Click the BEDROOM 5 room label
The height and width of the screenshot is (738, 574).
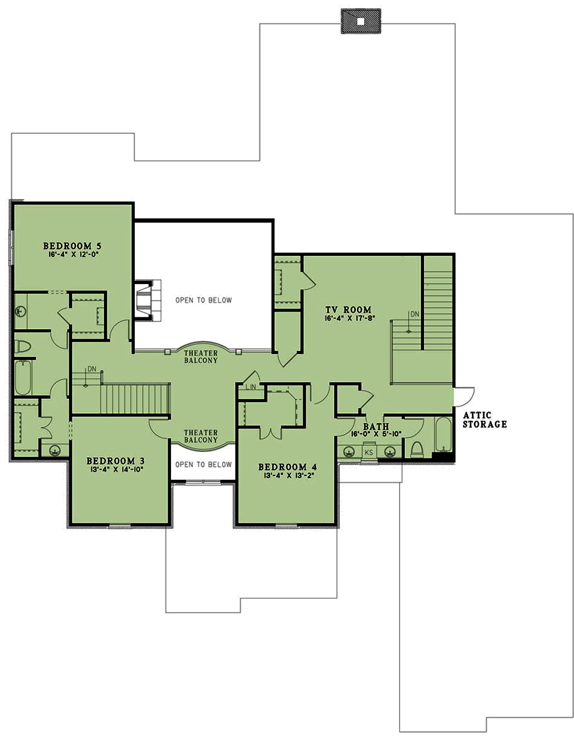[x=72, y=246]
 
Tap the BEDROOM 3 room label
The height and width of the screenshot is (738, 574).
[x=115, y=461]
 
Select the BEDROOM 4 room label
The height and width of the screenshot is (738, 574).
[x=287, y=467]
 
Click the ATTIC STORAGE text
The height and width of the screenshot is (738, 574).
[x=485, y=420]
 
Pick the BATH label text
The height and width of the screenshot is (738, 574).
[x=376, y=426]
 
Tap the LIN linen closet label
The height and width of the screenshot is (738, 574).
[x=251, y=387]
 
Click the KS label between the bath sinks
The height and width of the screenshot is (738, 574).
[x=369, y=453]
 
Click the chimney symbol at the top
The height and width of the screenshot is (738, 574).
[x=360, y=22]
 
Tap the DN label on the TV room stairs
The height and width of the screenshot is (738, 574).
[x=415, y=314]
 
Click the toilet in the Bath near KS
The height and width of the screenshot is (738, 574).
[x=417, y=449]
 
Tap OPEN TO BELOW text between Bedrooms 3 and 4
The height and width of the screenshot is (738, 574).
[x=203, y=464]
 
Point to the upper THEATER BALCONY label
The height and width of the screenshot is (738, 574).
[x=201, y=356]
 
